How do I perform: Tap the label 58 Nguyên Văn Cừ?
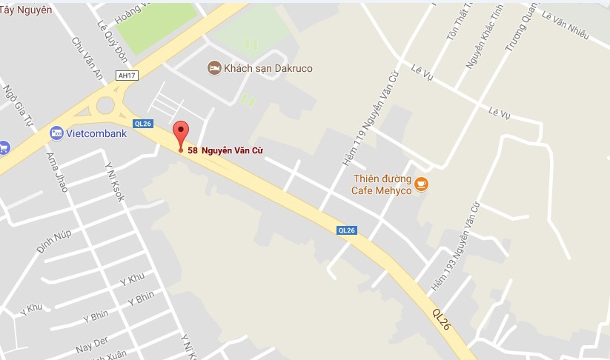(x=226, y=151)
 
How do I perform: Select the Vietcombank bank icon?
(x=56, y=133)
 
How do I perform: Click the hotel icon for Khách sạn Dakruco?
(x=214, y=68)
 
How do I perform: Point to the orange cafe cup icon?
(x=421, y=184)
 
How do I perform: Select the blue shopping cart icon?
(x=3, y=147)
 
